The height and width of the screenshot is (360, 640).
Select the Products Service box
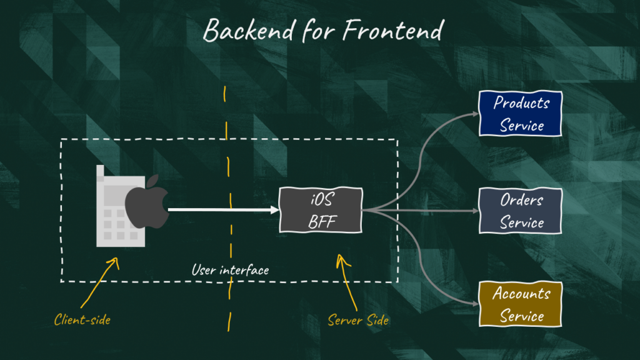click(521, 114)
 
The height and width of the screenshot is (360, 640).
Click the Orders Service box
click(521, 211)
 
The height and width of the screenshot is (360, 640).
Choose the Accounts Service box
click(521, 304)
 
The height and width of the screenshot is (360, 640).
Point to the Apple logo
click(147, 202)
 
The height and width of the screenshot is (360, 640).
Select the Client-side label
click(82, 320)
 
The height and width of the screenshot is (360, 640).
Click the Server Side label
click(358, 321)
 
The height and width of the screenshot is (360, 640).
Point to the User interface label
click(230, 271)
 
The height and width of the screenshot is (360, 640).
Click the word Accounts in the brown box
click(521, 293)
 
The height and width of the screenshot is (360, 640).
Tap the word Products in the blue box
click(521, 103)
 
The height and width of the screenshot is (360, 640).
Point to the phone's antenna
click(100, 173)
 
